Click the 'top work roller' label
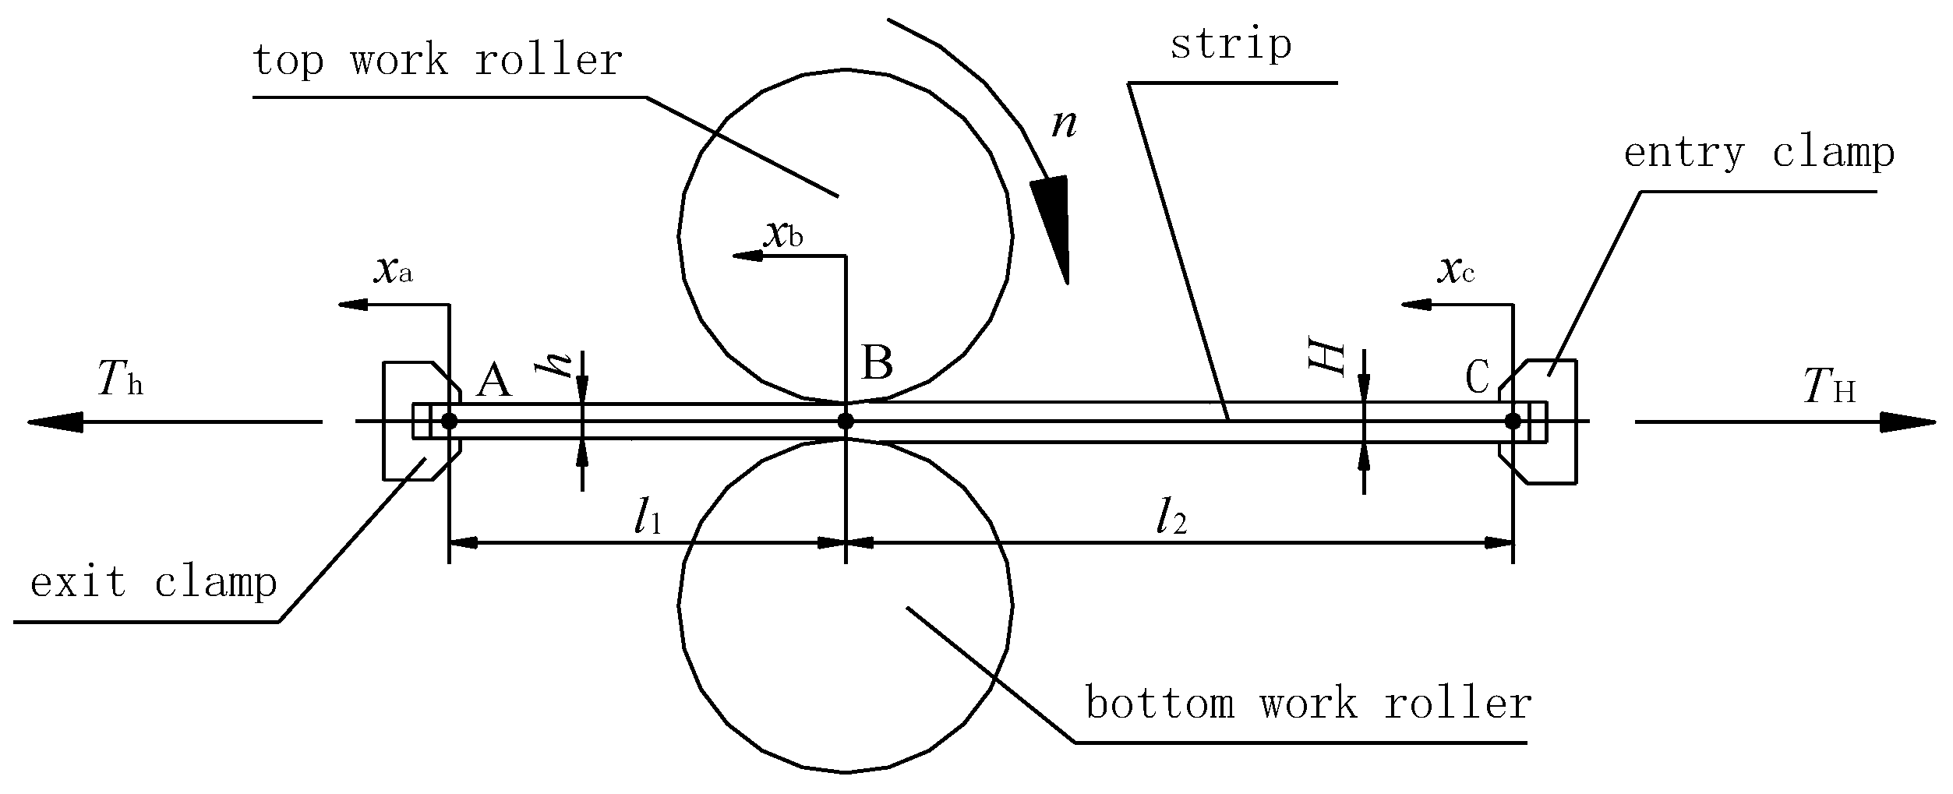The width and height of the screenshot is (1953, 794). (437, 60)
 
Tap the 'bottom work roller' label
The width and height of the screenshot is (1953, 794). (1308, 704)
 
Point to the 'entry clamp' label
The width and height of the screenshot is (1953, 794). (1759, 153)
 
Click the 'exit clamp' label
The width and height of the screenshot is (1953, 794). (154, 582)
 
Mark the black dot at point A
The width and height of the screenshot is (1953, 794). (449, 422)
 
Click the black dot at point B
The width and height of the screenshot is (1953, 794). (846, 422)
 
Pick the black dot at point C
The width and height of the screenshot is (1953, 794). (1513, 422)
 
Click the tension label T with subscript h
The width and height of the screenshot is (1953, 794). (120, 381)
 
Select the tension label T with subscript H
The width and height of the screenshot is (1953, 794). (1829, 387)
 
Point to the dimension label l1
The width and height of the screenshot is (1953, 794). (648, 517)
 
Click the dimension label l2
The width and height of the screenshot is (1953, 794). (1171, 517)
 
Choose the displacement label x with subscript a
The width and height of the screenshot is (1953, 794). (393, 270)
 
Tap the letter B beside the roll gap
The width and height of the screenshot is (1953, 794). (877, 363)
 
